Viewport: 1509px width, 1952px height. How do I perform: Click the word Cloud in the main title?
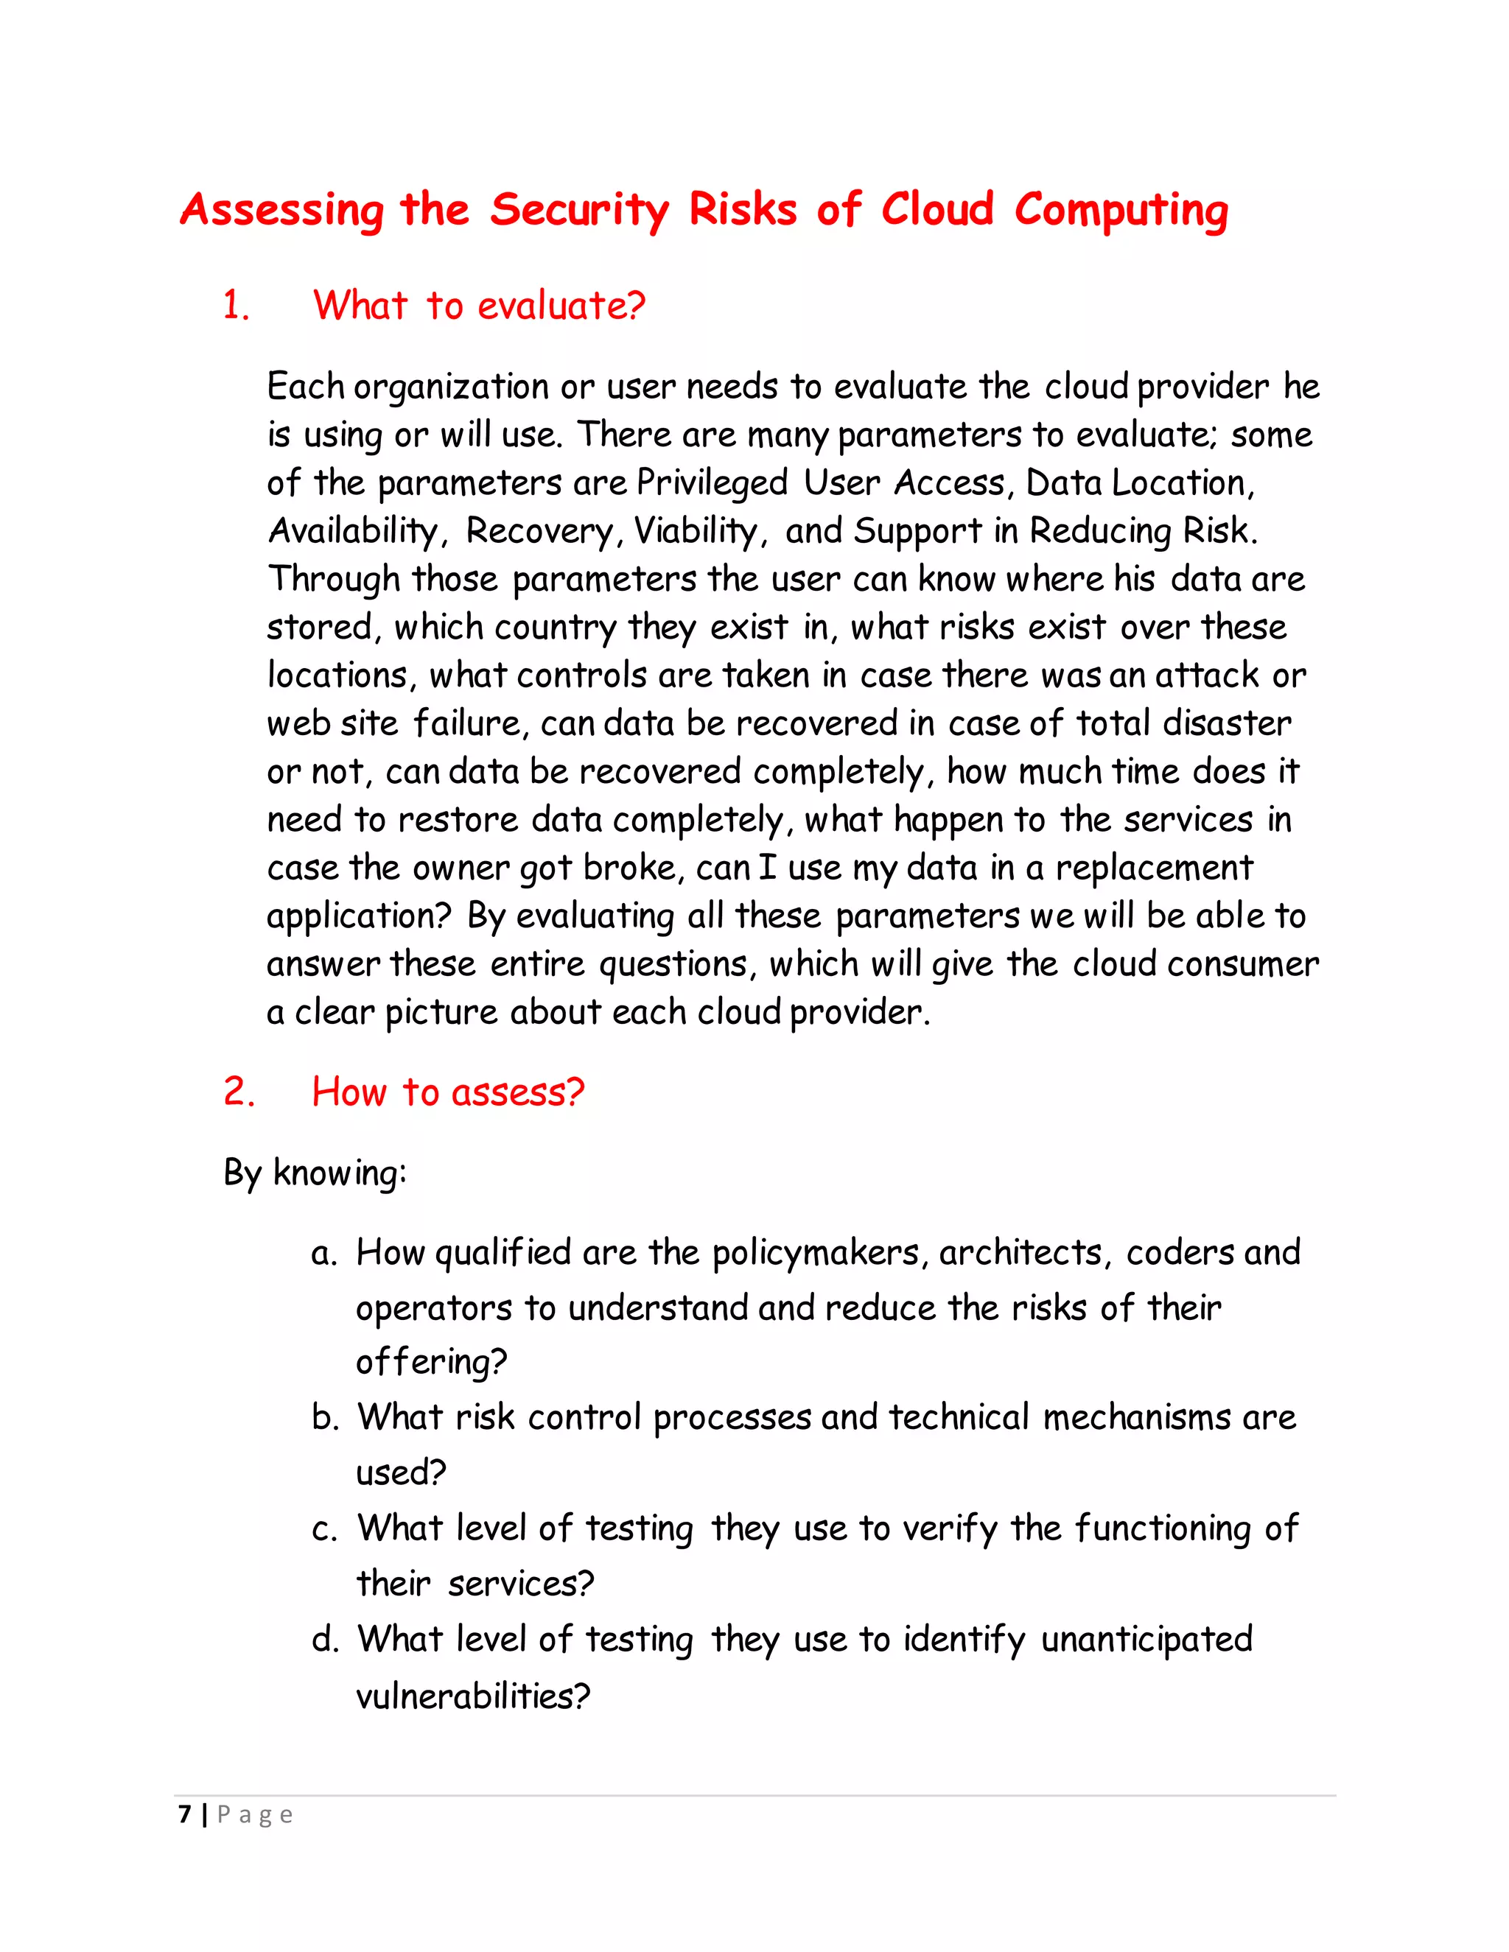[937, 210]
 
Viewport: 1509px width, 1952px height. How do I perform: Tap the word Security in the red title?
[578, 210]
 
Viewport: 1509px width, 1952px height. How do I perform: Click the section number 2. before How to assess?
[238, 1092]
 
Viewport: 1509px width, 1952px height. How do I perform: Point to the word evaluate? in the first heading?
[561, 306]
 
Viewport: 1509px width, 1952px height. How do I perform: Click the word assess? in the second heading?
[517, 1092]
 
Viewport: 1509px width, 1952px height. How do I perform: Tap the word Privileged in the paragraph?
[712, 483]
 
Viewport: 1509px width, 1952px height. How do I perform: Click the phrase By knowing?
[315, 1173]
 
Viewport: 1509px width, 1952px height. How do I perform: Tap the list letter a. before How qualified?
[323, 1254]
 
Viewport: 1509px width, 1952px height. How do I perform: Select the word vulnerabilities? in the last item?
[473, 1696]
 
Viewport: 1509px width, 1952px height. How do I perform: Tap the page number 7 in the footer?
[185, 1815]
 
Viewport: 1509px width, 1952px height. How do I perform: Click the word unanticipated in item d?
[1146, 1640]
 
